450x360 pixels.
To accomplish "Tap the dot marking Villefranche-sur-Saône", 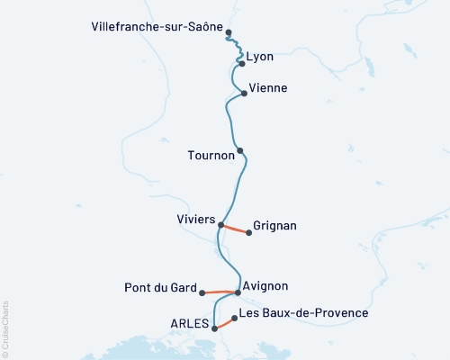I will pyautogui.click(x=229, y=32).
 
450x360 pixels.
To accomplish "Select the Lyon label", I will pyautogui.click(x=260, y=57).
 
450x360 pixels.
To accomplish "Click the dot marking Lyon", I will pyautogui.click(x=242, y=64).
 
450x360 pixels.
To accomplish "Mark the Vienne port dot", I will pyautogui.click(x=244, y=93).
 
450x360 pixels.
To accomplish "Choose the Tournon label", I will pyautogui.click(x=211, y=155).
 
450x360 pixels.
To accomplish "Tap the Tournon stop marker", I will pyautogui.click(x=240, y=150).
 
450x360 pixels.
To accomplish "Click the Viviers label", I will pyautogui.click(x=195, y=219).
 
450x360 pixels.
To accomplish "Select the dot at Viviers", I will pyautogui.click(x=220, y=224).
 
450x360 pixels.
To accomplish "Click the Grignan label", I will pyautogui.click(x=275, y=226).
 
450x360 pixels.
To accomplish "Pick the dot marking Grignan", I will pyautogui.click(x=249, y=232).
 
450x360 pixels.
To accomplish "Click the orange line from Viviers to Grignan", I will pyautogui.click(x=235, y=229).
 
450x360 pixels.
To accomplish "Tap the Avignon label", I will pyautogui.click(x=265, y=286).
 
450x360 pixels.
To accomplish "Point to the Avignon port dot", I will pyautogui.click(x=238, y=292).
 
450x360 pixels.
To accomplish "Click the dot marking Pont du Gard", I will pyautogui.click(x=202, y=292).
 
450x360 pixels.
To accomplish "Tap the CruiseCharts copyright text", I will pyautogui.click(x=5, y=328).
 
